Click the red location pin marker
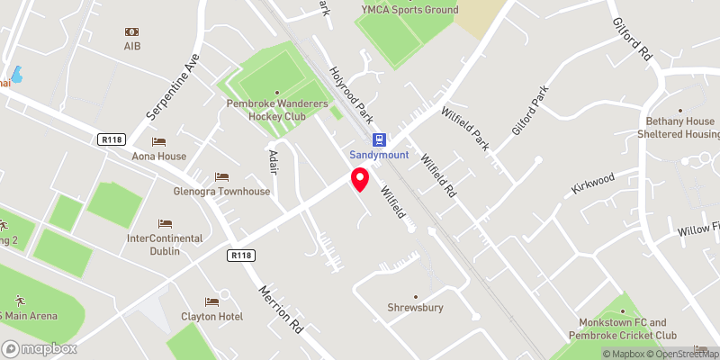point(360,179)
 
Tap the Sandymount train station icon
point(380,139)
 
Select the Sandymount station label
point(380,155)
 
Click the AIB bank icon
point(133,31)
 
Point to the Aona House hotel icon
point(159,141)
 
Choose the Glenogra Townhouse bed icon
point(221,176)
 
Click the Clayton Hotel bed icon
point(211,301)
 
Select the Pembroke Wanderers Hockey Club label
point(277,109)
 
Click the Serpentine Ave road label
point(171,90)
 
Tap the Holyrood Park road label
point(351,94)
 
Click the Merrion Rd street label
point(281,310)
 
